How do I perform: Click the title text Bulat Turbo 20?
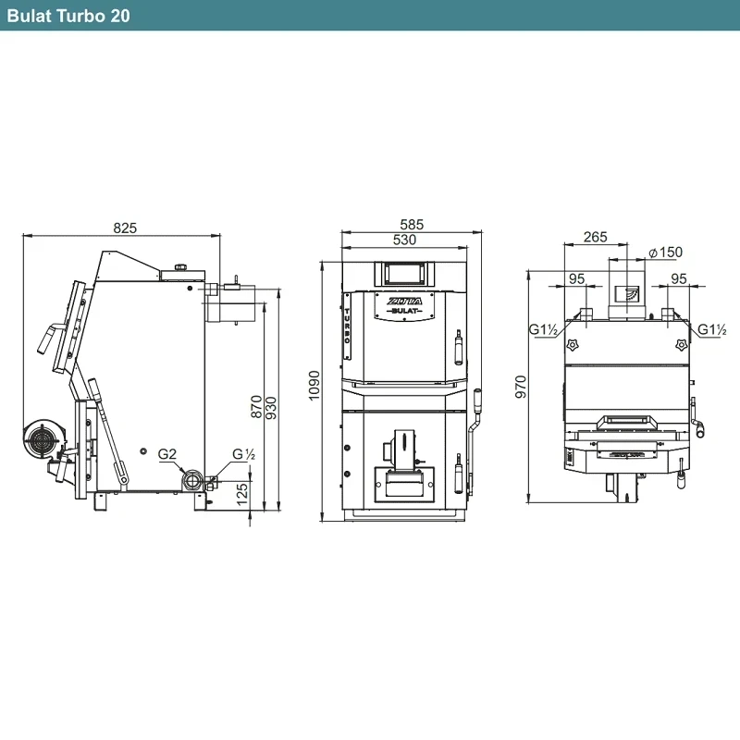pos(68,16)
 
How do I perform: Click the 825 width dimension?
pos(125,228)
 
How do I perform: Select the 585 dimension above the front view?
pos(412,224)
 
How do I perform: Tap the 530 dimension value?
pos(404,240)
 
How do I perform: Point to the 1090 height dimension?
pos(314,386)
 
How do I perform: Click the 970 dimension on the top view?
pos(521,387)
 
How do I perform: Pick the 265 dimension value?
pos(595,237)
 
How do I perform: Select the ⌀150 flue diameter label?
pos(665,252)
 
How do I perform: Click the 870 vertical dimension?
pos(256,406)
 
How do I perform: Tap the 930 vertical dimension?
pos(271,408)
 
